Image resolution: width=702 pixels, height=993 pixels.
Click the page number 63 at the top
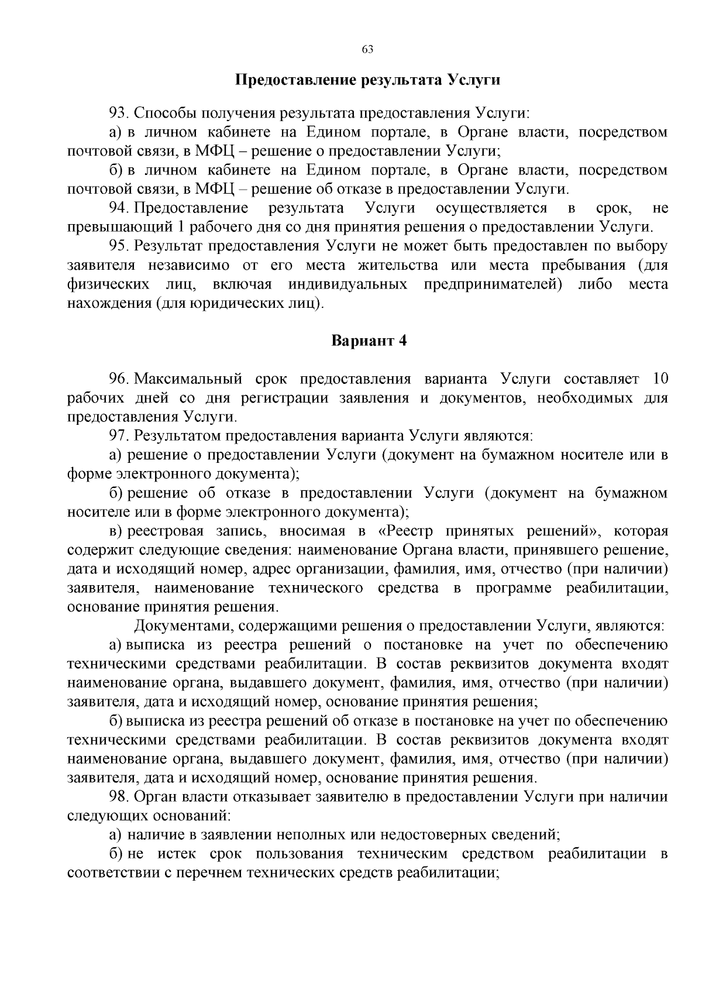tap(367, 49)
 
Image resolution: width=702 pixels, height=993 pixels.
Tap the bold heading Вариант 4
tap(369, 341)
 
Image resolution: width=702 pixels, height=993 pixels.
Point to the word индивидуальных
tap(348, 284)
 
